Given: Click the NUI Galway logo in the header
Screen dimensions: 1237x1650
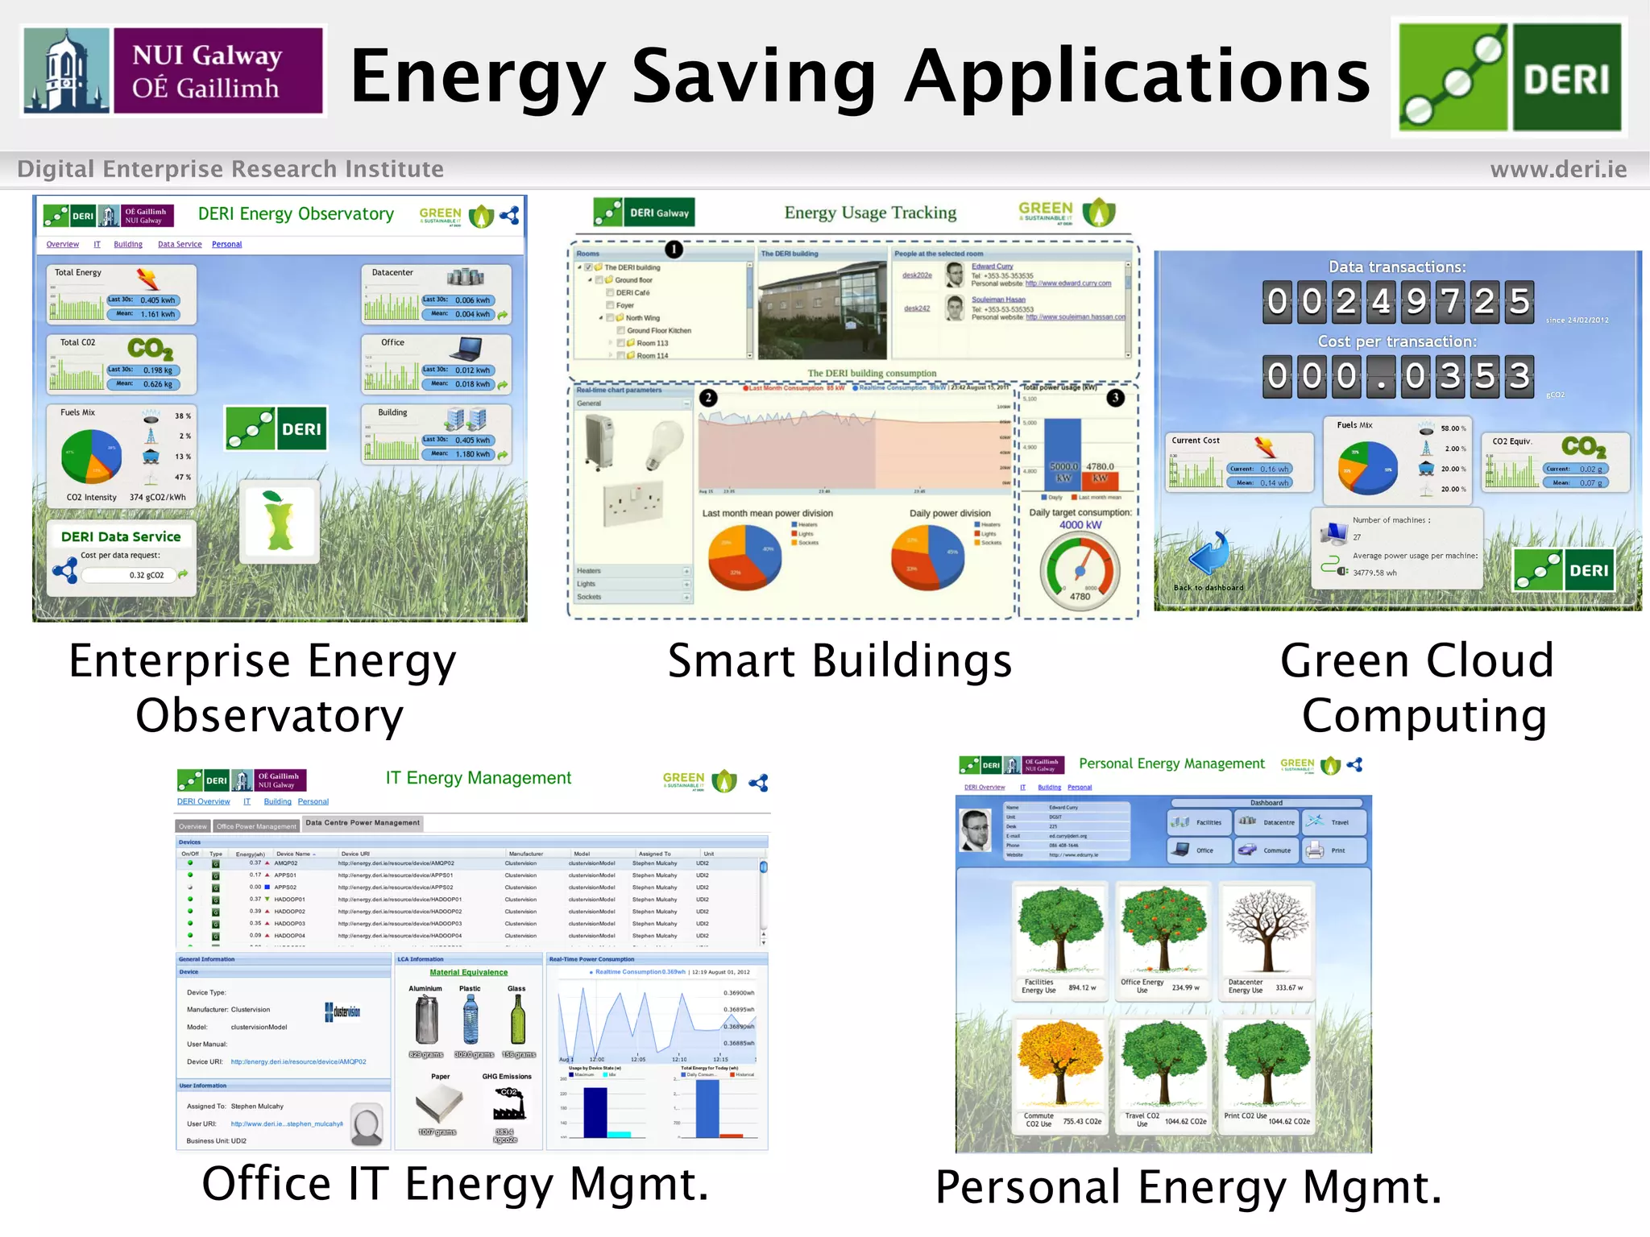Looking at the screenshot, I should pos(173,71).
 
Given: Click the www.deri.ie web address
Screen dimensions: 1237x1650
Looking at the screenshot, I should pos(1557,169).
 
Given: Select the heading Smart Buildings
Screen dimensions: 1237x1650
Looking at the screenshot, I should pos(840,661).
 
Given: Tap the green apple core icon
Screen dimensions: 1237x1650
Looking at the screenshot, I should pos(279,521).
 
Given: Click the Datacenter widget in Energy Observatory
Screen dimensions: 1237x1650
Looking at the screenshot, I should pos(437,295).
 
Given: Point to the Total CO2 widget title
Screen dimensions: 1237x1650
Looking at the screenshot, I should pos(77,342).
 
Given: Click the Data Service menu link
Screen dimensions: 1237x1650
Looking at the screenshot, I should pos(180,244).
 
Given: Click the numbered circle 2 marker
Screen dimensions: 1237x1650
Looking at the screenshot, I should pos(707,397).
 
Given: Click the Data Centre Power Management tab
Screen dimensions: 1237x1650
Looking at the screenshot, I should pos(363,823).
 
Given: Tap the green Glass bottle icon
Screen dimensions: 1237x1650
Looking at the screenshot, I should pos(517,1020).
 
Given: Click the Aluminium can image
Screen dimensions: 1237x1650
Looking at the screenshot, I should pos(425,1020).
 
